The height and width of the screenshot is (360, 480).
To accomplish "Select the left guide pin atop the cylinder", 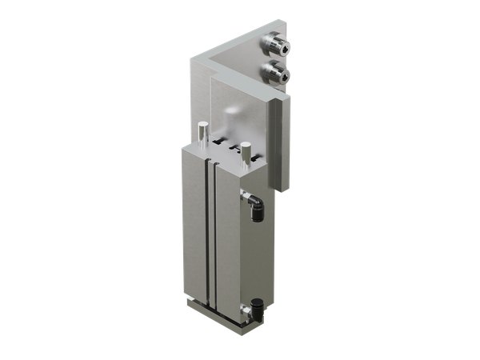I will (204, 130).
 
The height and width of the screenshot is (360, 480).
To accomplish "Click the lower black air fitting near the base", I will (256, 308).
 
